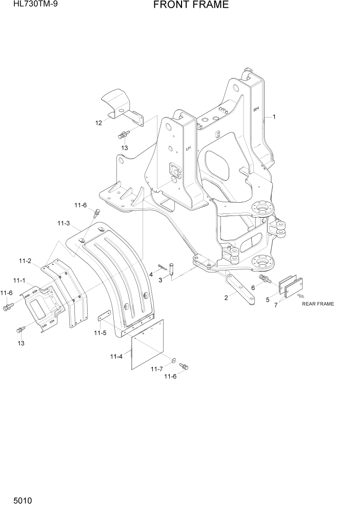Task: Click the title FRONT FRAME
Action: point(190,6)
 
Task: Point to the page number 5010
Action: point(15,499)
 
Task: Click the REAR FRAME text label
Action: point(317,304)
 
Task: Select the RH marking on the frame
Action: point(256,109)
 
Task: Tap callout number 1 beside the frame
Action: point(274,117)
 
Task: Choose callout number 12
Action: point(98,123)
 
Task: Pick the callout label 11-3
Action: point(64,223)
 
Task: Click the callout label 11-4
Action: point(116,356)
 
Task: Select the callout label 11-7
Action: point(157,368)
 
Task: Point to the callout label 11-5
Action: point(100,333)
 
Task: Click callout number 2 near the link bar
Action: point(226,298)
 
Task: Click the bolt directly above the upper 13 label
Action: point(123,135)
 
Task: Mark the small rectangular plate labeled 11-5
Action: point(105,318)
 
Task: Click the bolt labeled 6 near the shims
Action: point(266,279)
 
